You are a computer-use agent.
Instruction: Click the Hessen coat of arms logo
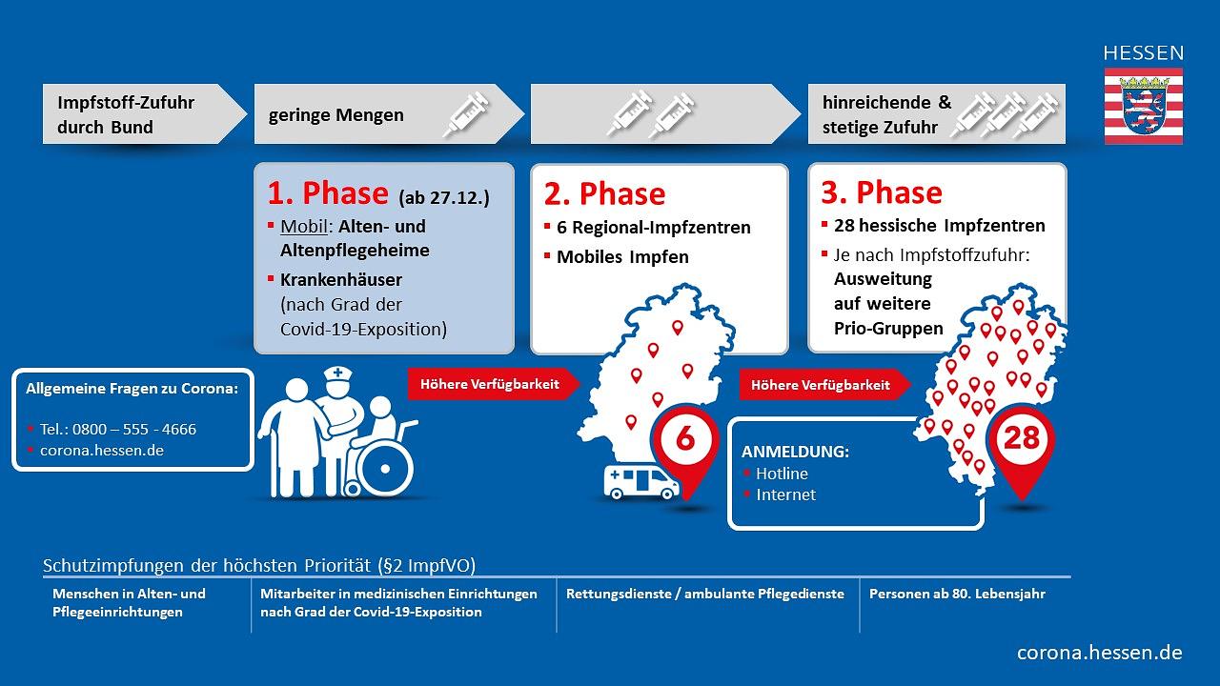click(x=1143, y=106)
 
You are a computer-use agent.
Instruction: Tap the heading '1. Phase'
click(x=327, y=193)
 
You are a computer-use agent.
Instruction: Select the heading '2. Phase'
click(x=604, y=194)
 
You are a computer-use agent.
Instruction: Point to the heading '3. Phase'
click(x=882, y=193)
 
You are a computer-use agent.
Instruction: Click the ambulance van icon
click(x=640, y=482)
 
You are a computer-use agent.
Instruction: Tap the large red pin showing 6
click(x=684, y=444)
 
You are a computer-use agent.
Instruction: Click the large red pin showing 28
click(x=1021, y=442)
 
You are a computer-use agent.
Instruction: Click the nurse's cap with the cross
click(x=339, y=377)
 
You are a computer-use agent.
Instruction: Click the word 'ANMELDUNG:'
click(x=795, y=451)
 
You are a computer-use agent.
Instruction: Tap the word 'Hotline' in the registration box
click(x=782, y=474)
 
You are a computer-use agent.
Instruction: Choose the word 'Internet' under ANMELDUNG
click(x=785, y=494)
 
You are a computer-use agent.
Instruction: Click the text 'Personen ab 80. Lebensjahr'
click(x=957, y=594)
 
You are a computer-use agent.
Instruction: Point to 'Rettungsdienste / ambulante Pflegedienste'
click(x=704, y=594)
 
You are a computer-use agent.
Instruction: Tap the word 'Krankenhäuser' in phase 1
click(x=341, y=280)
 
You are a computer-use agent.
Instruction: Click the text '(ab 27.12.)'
click(x=445, y=197)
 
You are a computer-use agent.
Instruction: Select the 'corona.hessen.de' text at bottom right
click(x=1099, y=653)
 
